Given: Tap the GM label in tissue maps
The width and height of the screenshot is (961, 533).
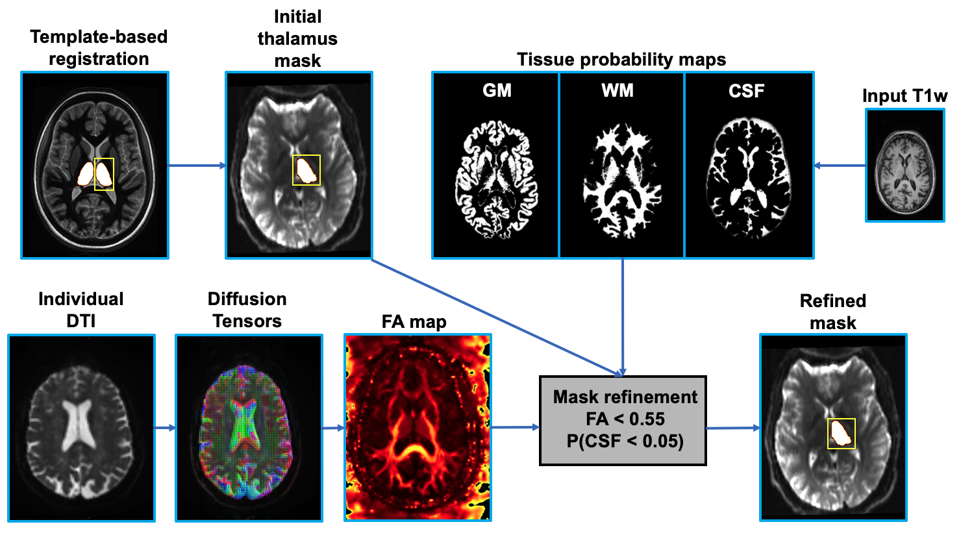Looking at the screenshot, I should [x=497, y=90].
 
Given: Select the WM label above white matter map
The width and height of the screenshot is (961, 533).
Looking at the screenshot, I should [x=618, y=90].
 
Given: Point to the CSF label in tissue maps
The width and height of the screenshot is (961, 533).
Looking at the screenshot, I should [x=746, y=90].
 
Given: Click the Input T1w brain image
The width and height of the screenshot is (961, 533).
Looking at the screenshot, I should [x=905, y=166].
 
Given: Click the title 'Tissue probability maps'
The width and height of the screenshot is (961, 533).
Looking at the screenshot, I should [x=621, y=60].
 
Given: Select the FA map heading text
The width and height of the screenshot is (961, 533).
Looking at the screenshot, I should [x=414, y=321].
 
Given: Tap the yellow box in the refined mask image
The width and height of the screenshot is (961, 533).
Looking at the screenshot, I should [x=842, y=433].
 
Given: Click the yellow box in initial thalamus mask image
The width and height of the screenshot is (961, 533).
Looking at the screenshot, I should [x=306, y=170].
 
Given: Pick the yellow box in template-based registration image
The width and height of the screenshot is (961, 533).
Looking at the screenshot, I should [x=104, y=174].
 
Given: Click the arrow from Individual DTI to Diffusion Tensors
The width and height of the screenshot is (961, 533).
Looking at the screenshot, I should [x=165, y=428].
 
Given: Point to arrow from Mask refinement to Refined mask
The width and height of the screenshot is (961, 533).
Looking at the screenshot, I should [x=732, y=428].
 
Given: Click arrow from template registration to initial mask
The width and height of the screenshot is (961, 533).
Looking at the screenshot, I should [x=197, y=166].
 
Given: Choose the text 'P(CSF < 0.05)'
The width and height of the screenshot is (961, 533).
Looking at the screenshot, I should [x=625, y=441].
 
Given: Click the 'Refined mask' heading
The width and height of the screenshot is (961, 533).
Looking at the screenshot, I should [x=832, y=312].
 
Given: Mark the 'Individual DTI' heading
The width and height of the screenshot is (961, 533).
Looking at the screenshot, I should [x=81, y=310].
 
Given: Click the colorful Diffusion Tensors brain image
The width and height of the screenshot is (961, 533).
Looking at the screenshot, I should [x=249, y=428].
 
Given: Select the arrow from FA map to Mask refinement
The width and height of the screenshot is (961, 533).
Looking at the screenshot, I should [x=515, y=427].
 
